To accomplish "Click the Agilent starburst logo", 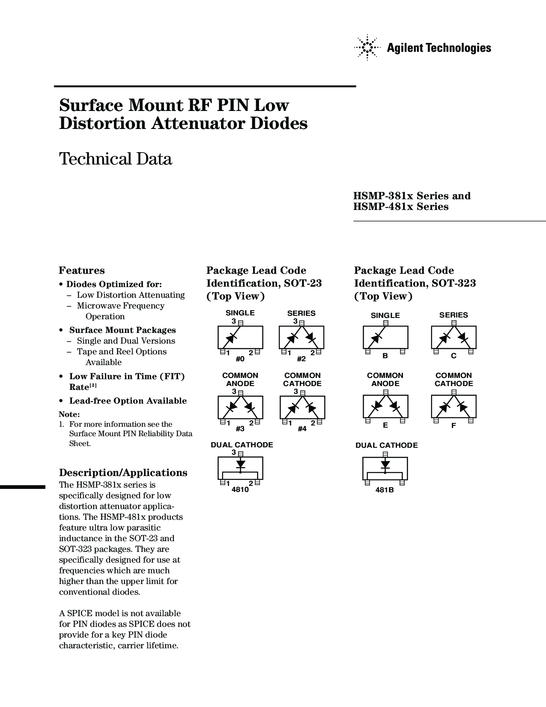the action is [x=367, y=48].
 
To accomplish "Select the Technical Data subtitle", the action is [x=116, y=159].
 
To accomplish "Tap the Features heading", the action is [x=82, y=270].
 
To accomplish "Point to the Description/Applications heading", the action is [x=123, y=473].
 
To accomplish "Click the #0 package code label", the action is [x=240, y=359].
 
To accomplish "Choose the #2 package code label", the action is [x=301, y=359].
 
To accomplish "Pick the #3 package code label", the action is [x=240, y=429].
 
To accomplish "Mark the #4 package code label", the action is [x=302, y=429].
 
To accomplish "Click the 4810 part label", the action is [x=240, y=490].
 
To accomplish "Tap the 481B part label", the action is [x=385, y=490].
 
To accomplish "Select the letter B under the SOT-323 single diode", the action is [x=385, y=356].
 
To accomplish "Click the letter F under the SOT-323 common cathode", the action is [x=454, y=425].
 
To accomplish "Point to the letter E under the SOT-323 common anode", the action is [x=385, y=425].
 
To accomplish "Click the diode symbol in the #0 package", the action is [x=230, y=339].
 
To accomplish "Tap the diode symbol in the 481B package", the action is [x=385, y=464].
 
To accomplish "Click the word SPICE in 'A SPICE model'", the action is [x=78, y=613].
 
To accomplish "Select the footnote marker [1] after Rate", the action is [x=93, y=386].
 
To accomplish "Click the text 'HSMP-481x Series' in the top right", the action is [x=401, y=207].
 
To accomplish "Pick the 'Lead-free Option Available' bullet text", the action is [x=128, y=401].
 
